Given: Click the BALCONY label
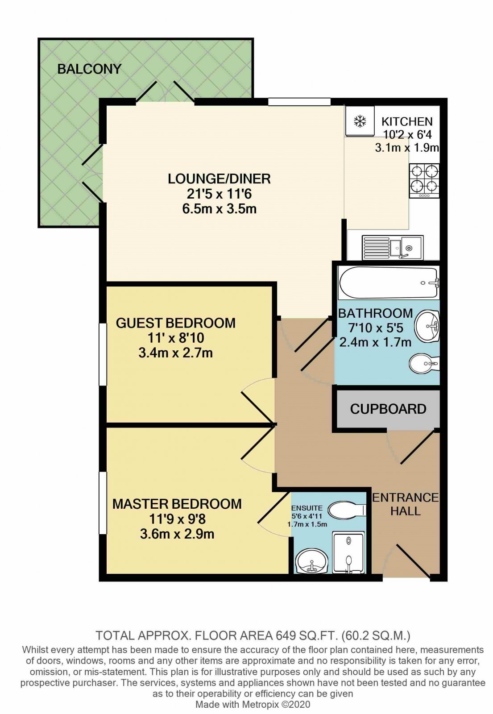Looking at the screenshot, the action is [x=89, y=69].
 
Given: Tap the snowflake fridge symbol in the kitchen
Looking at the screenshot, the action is [x=360, y=121].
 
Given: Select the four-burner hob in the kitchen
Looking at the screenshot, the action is [x=424, y=181].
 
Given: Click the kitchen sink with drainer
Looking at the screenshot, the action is [x=393, y=247].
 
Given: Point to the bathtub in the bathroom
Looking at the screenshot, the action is [x=389, y=283].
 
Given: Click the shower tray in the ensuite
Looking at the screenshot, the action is [x=349, y=553].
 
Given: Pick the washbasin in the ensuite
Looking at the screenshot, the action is [x=311, y=562].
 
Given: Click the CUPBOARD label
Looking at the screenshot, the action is [x=388, y=409].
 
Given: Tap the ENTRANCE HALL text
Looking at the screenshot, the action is [x=406, y=505].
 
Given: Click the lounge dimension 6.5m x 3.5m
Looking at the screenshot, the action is [x=219, y=209].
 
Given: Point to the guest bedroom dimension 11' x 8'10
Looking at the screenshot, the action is [x=176, y=338].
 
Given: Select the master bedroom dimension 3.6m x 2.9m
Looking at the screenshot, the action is [x=177, y=534].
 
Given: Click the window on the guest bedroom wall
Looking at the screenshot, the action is [x=102, y=354].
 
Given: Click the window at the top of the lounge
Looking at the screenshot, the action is [x=299, y=102].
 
